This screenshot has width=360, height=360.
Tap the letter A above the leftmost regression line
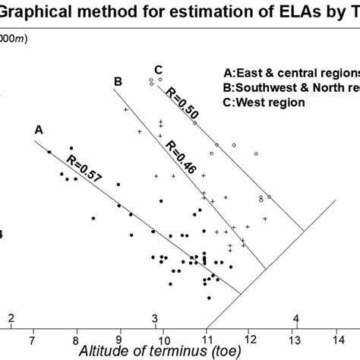[x=38, y=130]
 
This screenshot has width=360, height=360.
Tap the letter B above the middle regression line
[x=118, y=81]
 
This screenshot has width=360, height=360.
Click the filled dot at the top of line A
[x=49, y=152]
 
